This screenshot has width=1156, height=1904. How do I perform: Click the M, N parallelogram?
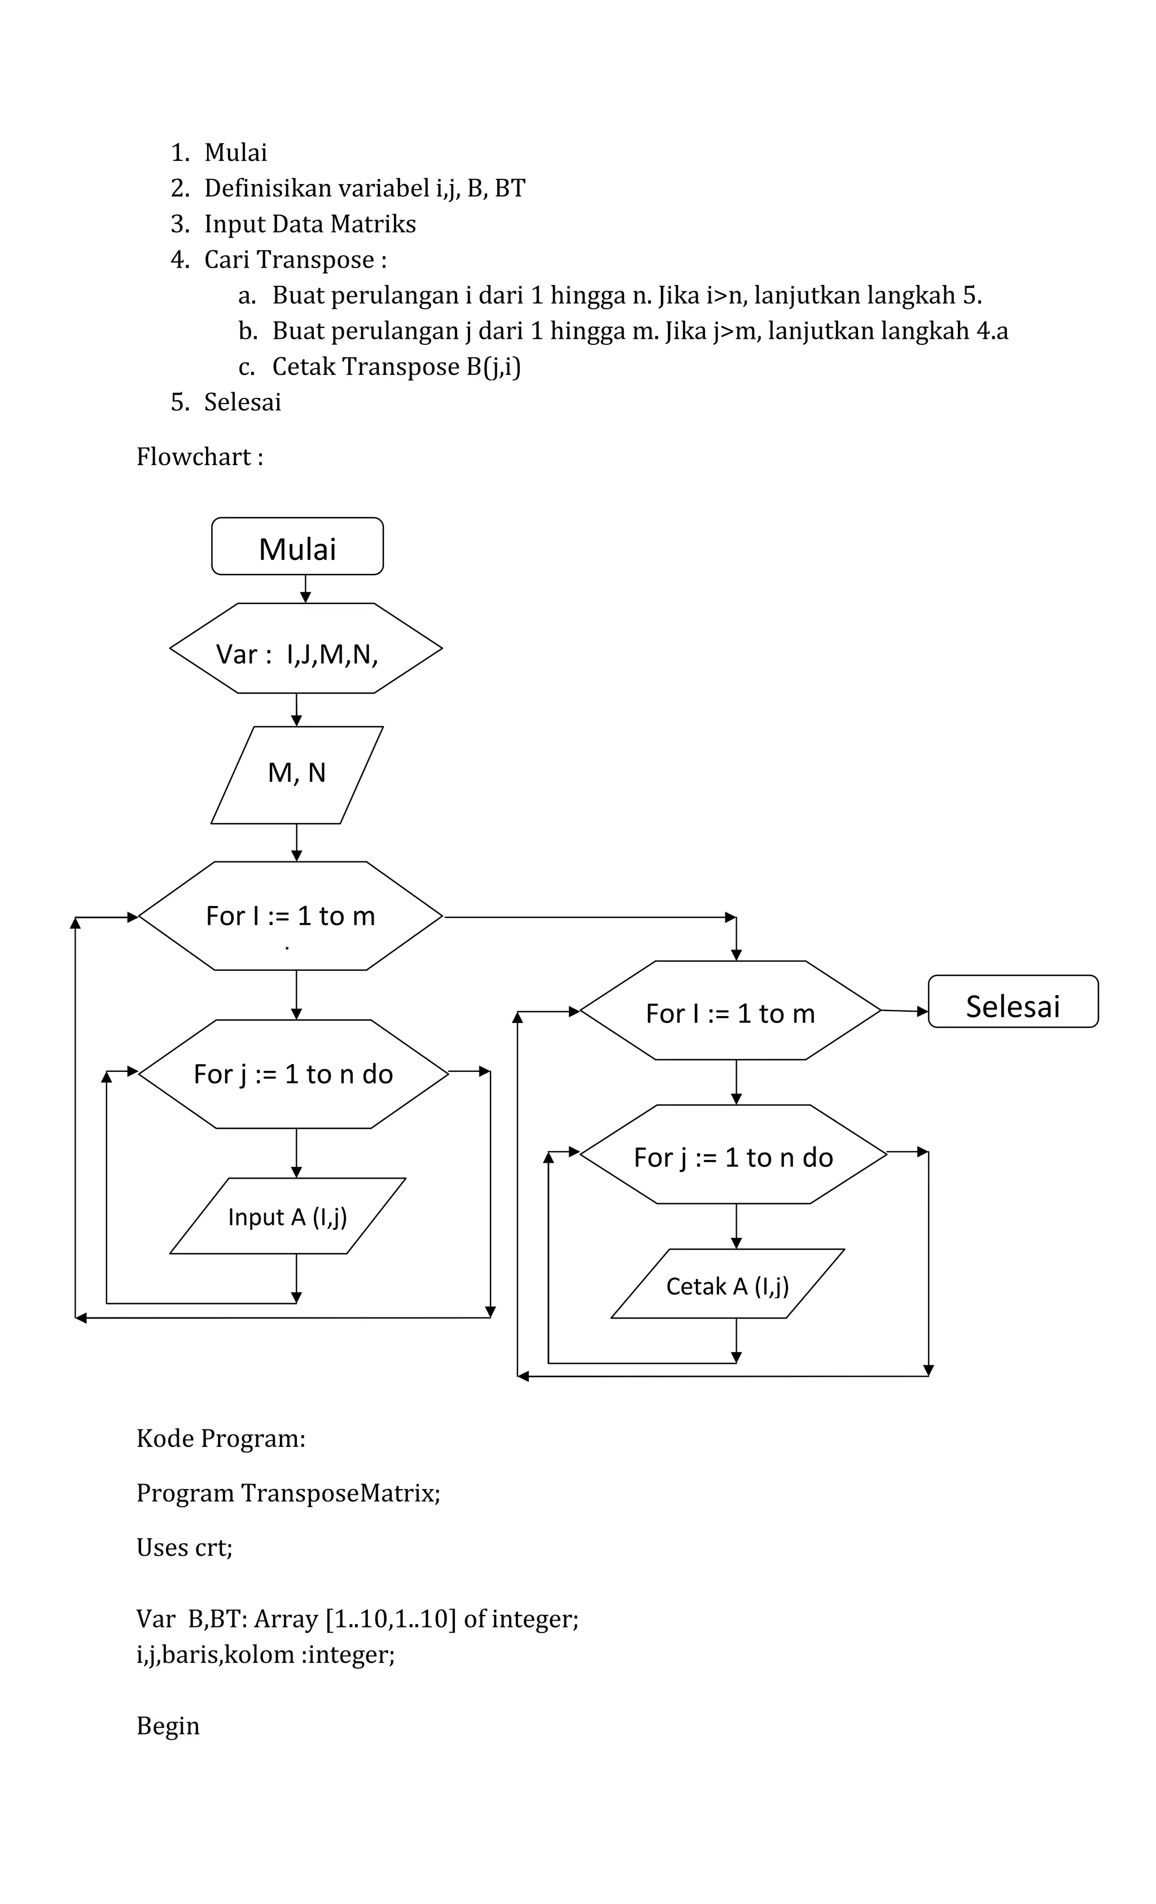coord(297,774)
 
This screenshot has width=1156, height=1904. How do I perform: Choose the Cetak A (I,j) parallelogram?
coord(727,1286)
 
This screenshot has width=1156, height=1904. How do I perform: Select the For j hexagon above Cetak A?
coord(733,1157)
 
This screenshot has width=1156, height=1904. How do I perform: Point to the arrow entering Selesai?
coord(905,1011)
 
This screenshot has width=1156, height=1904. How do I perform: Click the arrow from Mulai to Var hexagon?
coord(305,589)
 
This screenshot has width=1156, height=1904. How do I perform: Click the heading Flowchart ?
coord(199,457)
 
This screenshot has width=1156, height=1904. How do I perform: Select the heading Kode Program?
coord(221,1438)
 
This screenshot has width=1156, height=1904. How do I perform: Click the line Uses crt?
coord(184,1547)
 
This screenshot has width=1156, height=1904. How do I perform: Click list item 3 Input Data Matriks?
coord(309,224)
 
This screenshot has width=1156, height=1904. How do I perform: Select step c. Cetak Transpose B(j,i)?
coord(396,366)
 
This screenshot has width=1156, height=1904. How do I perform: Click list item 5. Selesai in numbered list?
coord(242,402)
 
